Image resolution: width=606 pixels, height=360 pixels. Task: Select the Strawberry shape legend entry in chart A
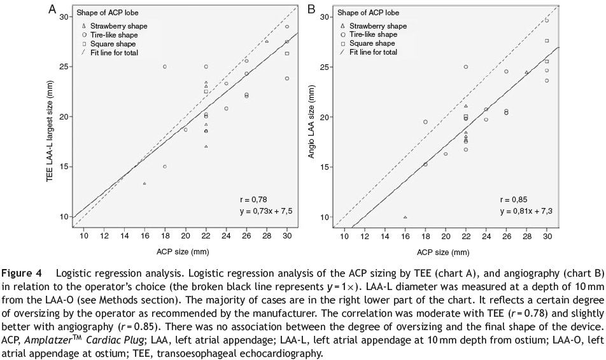click(109, 25)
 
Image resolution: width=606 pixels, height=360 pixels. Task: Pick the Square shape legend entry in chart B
click(367, 43)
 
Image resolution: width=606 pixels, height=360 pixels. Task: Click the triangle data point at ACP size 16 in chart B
click(405, 217)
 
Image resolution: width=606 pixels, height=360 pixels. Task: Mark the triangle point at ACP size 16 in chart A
click(144, 184)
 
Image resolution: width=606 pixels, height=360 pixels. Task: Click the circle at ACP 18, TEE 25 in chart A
click(165, 67)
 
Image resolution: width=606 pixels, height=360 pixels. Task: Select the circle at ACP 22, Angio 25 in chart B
click(466, 67)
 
